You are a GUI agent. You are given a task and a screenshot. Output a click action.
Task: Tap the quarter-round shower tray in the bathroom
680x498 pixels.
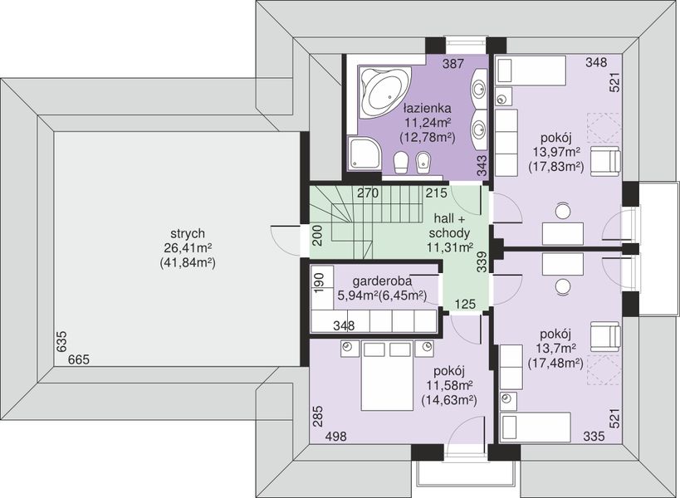click(364, 152)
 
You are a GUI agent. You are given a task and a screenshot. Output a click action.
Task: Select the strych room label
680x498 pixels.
click(188, 233)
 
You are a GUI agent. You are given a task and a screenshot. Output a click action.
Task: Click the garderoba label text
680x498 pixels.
click(382, 281)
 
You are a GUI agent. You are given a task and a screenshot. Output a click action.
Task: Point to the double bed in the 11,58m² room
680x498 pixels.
click(387, 375)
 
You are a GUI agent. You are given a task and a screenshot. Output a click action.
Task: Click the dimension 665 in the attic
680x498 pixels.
click(79, 359)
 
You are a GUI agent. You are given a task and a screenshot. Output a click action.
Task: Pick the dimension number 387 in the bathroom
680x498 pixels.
click(453, 64)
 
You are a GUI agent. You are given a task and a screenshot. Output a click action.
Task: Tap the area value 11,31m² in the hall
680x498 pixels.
click(450, 247)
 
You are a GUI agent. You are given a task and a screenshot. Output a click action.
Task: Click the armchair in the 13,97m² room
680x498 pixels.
click(605, 161)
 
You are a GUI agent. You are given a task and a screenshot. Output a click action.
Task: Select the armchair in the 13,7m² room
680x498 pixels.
click(605, 336)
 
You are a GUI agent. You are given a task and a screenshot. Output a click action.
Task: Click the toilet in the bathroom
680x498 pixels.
click(400, 162)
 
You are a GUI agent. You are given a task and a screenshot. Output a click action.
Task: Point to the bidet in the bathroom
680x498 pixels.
click(423, 162)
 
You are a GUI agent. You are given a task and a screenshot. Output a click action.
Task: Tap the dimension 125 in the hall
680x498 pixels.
click(465, 305)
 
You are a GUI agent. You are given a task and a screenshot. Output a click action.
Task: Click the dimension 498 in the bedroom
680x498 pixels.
click(335, 437)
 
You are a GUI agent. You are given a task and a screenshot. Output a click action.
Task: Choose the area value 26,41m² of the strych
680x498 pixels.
click(188, 248)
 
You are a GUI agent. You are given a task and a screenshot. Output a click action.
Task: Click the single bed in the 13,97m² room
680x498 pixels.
click(531, 70)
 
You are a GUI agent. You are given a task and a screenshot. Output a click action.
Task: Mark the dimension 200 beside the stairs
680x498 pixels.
click(317, 236)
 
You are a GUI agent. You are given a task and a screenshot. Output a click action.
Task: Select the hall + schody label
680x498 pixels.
click(449, 226)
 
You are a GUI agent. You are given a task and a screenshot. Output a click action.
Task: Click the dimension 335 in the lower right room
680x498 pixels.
click(594, 436)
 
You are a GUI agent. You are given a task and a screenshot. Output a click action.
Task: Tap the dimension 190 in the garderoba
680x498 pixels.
click(319, 282)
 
